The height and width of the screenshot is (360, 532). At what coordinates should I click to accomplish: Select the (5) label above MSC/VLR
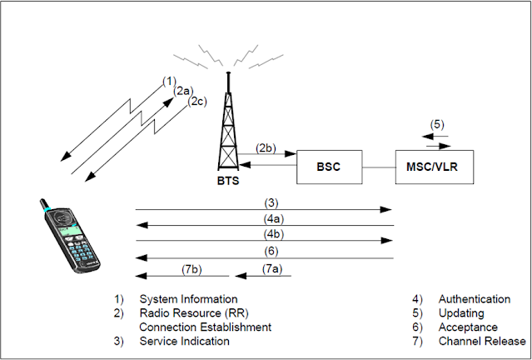coord(438,125)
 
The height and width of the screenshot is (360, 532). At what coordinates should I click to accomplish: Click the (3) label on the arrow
coord(271,202)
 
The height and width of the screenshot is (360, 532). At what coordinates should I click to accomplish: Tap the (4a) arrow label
coord(271,220)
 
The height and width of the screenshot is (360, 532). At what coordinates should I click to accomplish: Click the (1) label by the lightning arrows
coord(169,81)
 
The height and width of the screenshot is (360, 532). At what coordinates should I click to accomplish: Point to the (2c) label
coord(196,102)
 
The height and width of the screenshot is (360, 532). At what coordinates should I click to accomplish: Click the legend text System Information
coord(188,299)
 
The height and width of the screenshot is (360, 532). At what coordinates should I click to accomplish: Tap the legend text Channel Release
coord(482,341)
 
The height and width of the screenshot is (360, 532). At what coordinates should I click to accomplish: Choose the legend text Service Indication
coord(184,341)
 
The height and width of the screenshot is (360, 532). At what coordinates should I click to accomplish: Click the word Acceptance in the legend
coord(469,327)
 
